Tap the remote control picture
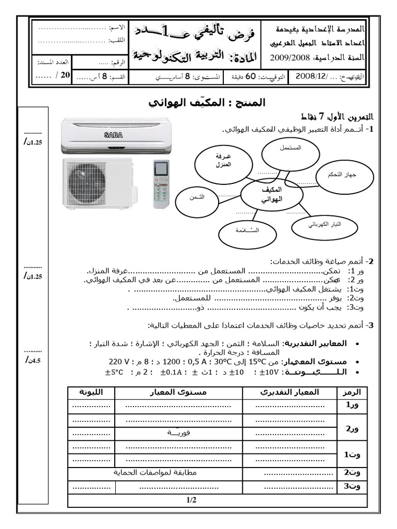tap(162, 184)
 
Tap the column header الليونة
tap(91, 392)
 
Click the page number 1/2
tap(191, 500)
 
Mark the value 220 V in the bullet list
tap(119, 361)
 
